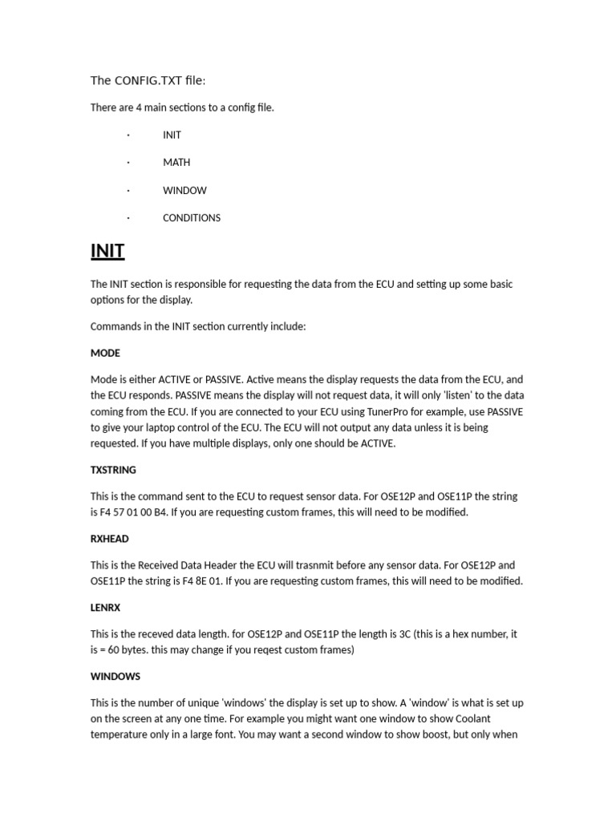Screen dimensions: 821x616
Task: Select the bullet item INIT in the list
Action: (172, 135)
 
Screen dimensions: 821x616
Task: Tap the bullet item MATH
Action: (176, 162)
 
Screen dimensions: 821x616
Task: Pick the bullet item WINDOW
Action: (184, 190)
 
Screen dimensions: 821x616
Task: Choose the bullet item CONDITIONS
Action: (192, 217)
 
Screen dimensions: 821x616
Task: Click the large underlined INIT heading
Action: (107, 251)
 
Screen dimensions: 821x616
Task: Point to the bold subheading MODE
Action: (105, 353)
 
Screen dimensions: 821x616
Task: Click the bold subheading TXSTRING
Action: (113, 470)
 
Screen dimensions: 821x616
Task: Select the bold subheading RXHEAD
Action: (109, 539)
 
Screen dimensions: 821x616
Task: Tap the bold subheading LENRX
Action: (105, 608)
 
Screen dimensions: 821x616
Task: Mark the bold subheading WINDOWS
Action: (115, 677)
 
